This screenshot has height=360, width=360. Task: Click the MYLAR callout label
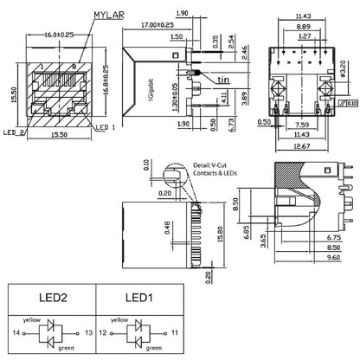coord(109,15)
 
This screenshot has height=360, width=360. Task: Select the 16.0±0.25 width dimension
coord(59,35)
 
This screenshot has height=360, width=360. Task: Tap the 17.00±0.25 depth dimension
coord(157,25)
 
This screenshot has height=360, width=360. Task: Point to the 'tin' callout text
coord(223,80)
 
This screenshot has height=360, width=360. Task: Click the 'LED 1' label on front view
coord(105,127)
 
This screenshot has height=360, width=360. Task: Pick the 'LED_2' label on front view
coord(14,132)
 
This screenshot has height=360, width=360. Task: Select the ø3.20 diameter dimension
coord(343,68)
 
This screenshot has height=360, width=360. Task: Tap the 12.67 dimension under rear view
coord(301,146)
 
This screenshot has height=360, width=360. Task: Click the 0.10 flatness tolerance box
coord(352,104)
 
